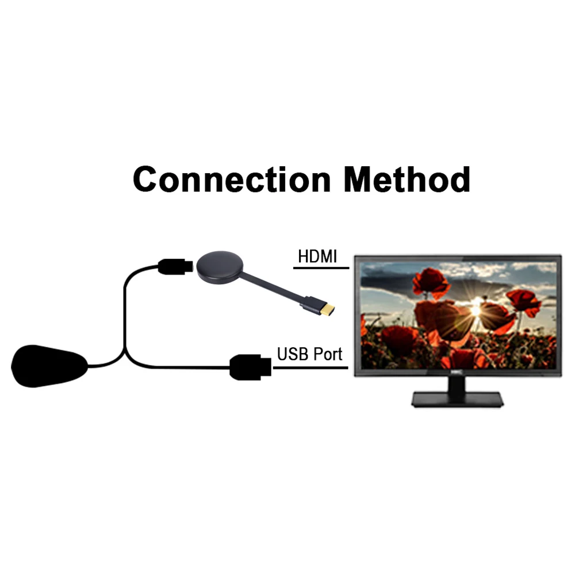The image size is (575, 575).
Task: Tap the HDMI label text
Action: coord(317,256)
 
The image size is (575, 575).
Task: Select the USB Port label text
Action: coord(309,353)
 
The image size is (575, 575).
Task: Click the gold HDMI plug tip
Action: coord(327,310)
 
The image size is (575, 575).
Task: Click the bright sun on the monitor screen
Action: coord(476,309)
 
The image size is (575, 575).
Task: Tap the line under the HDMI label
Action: coord(321,268)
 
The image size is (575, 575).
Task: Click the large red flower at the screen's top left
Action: coord(431,282)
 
